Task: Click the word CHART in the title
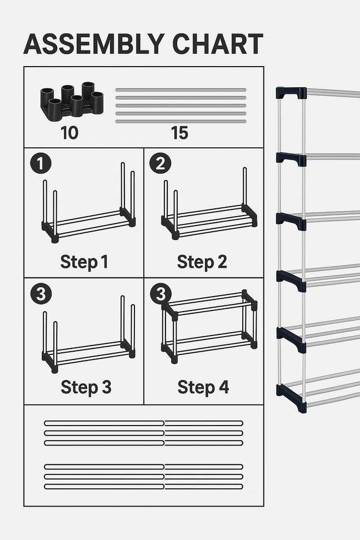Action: (x=218, y=44)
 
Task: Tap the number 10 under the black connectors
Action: (x=69, y=133)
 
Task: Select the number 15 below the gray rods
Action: (x=179, y=133)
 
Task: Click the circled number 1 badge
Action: (x=41, y=163)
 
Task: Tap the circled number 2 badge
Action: (x=160, y=163)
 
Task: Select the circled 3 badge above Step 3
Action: (x=41, y=294)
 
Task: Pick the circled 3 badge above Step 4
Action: (x=160, y=294)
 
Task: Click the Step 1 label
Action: (x=84, y=262)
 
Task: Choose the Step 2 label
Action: (x=202, y=262)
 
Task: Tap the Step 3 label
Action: (x=86, y=387)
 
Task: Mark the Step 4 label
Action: (x=203, y=387)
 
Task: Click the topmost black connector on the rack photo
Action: (x=291, y=93)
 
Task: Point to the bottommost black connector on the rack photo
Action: (x=291, y=397)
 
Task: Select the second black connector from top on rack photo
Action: (x=291, y=159)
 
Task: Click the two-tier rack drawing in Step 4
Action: (x=209, y=327)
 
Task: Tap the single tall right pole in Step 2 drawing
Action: (x=244, y=187)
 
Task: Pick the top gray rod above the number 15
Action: (x=181, y=90)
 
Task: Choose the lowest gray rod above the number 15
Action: (x=181, y=122)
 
